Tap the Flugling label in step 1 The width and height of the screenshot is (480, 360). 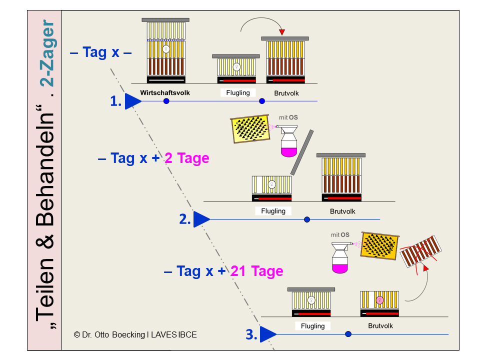point(238,92)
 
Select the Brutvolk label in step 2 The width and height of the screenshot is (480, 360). point(342,211)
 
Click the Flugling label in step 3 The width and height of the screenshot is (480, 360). point(313,326)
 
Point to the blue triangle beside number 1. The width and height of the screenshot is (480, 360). point(133,101)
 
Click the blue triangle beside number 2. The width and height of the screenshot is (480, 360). point(201,219)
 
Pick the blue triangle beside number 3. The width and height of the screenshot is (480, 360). point(268,334)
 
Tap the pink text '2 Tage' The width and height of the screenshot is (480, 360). point(186,158)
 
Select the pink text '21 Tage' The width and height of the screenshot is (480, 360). point(256,271)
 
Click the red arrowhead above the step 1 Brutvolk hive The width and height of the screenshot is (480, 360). point(282,32)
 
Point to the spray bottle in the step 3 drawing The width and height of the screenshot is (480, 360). point(340,257)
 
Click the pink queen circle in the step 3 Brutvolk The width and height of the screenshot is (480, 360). point(379,300)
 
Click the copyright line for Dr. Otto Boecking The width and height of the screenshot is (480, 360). point(135,334)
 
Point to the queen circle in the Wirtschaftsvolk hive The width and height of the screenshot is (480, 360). point(166,49)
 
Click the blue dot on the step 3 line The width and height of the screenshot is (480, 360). point(348,334)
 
